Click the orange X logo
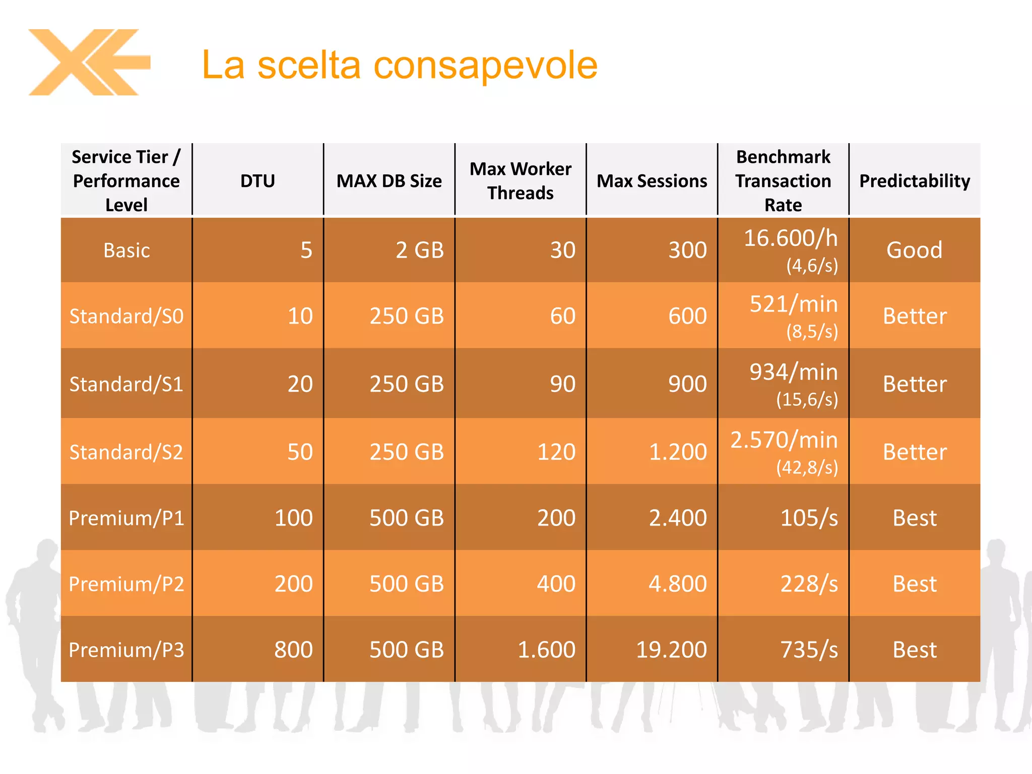tap(88, 62)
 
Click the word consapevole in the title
tap(485, 65)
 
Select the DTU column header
tap(257, 181)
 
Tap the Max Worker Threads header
tap(521, 181)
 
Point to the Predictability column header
tap(915, 181)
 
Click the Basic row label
tap(126, 250)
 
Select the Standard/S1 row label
tap(126, 384)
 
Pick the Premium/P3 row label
tap(126, 650)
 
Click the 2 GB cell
tap(419, 250)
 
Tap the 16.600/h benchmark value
tap(790, 238)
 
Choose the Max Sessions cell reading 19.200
tap(671, 650)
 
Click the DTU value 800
tap(293, 650)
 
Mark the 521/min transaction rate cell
tap(793, 304)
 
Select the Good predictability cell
tap(915, 250)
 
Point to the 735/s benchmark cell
tap(809, 650)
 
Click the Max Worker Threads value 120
tap(556, 452)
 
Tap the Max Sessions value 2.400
tap(678, 518)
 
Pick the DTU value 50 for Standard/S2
tap(300, 452)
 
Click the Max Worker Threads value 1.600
tap(547, 650)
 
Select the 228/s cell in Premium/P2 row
tap(809, 584)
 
